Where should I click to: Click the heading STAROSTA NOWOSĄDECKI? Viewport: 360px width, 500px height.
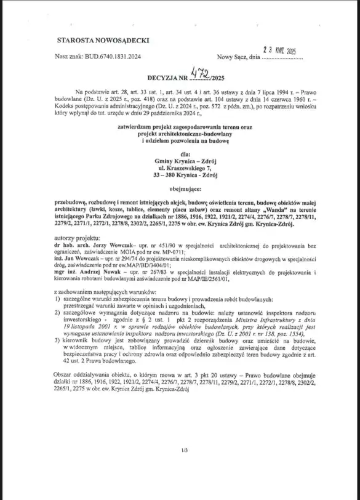coord(103,40)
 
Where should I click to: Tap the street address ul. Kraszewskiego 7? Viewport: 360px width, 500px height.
coord(186,169)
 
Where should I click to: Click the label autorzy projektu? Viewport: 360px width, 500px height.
coord(76,236)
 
